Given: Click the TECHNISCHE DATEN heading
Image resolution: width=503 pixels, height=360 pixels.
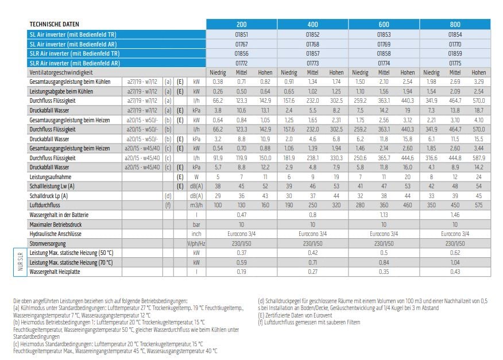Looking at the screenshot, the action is coord(54,24).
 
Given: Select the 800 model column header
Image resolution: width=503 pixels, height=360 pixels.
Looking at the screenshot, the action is coord(455,24).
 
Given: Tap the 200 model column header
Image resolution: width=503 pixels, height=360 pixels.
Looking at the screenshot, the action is coord(242,24).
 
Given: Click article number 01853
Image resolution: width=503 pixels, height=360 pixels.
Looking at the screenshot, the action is coord(384,34).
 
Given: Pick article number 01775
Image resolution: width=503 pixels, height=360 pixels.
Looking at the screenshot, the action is coord(455,63).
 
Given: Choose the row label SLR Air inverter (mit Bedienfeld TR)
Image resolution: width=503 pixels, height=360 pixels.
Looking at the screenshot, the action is coord(75,53).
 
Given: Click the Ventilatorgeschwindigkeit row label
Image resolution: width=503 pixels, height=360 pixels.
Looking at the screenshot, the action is coord(61,73).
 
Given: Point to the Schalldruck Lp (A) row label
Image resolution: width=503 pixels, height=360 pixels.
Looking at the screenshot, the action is coord(48,196).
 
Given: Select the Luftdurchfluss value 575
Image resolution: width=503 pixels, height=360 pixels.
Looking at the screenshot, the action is coord(479,206).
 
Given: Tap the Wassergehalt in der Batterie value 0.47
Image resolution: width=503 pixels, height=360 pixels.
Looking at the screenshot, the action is coord(242,215).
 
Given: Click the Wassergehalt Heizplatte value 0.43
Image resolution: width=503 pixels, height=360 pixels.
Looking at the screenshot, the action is coord(455,272).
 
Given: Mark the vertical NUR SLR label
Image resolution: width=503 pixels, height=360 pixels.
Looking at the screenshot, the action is coord(21,262).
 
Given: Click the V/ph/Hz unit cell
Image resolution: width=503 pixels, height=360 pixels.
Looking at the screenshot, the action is coord(196,243).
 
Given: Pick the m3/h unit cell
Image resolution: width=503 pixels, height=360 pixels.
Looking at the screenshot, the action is coord(196,206).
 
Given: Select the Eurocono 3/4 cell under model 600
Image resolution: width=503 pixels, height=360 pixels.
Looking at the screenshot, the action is coord(384,234).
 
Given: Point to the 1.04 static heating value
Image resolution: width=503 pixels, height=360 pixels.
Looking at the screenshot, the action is coord(455,262).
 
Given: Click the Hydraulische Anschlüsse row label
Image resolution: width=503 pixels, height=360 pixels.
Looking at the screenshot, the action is coord(56,234).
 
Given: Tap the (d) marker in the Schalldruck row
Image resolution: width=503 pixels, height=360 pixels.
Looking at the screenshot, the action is coord(168,196).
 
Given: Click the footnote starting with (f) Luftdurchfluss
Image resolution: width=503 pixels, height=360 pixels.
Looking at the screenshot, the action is coord(309,323).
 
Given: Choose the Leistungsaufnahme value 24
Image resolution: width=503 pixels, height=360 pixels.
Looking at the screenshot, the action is coord(479,177).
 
